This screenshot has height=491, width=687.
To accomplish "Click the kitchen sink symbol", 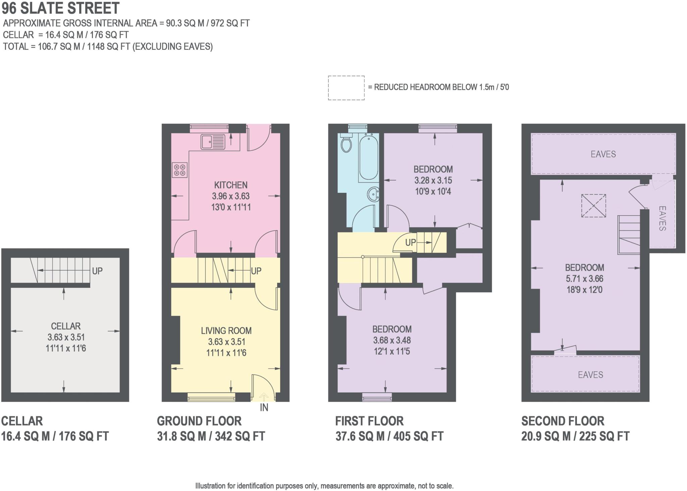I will point(213,141).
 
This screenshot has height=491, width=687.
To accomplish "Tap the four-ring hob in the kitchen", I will point(179,170).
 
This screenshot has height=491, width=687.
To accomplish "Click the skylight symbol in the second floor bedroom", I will point(593,206).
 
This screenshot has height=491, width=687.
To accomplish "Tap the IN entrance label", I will point(264,407).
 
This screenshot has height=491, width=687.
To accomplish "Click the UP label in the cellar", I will point(97,271).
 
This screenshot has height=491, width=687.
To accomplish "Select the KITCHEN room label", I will point(231,185).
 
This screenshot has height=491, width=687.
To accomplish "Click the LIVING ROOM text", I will point(226,331).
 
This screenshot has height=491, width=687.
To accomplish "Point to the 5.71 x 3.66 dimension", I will point(584,278).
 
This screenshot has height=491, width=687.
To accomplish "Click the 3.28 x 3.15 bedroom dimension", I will point(433,180).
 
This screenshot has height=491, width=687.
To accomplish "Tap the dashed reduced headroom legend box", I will point(346,88).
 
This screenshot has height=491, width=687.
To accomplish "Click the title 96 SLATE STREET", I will point(61,8).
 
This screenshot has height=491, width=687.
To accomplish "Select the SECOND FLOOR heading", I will point(563,421).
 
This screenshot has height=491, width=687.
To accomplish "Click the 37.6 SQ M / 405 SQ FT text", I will point(389,436).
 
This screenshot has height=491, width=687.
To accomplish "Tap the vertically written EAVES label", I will point(662,218).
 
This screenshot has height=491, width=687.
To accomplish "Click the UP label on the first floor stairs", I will point(411,242).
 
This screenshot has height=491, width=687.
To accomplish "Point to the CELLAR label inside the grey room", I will point(66,326).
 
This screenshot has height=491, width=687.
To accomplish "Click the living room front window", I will point(211,398).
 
